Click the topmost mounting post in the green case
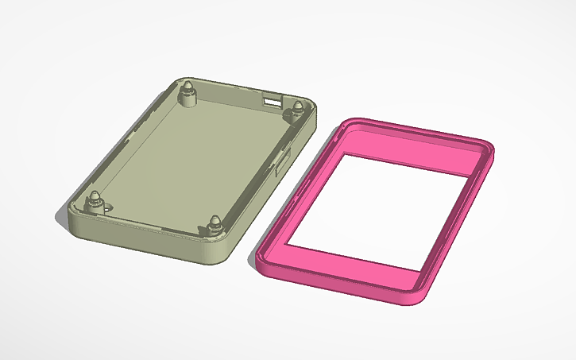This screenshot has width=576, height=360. [x=189, y=89]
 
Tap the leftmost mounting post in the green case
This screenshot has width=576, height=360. [x=95, y=199]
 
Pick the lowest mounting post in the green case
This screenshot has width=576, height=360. [x=215, y=226]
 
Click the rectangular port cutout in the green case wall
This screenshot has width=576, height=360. [x=273, y=101]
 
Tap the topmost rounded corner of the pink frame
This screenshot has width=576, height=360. [x=354, y=123]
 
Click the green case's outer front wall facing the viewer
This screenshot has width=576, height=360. [x=143, y=242]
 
